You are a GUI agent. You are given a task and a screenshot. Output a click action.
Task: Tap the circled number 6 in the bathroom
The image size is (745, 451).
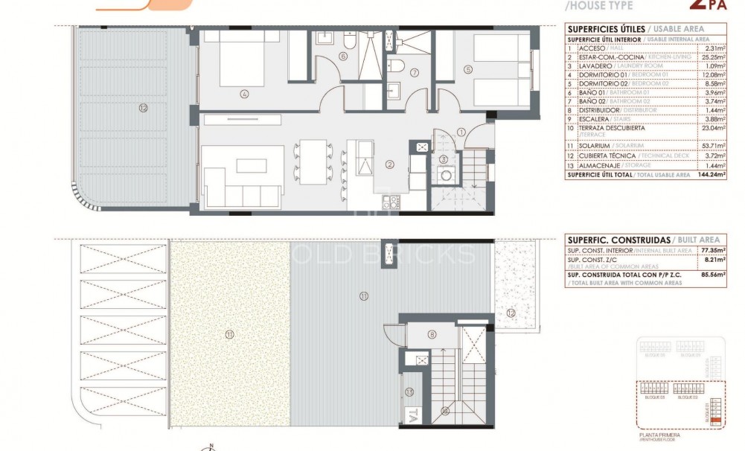pyautogui.click(x=343, y=56)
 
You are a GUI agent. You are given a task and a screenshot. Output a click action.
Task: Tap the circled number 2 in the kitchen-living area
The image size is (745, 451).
pyautogui.click(x=389, y=164)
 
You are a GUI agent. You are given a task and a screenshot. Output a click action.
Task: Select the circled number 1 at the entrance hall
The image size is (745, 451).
pyautogui.click(x=461, y=132)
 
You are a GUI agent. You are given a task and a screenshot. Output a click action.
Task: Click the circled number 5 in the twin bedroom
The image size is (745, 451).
pyautogui.click(x=468, y=70)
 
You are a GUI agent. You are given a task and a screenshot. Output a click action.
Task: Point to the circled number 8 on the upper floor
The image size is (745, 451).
pyautogui.click(x=432, y=335)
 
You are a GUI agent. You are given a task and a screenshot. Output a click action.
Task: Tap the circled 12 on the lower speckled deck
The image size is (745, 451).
pyautogui.click(x=510, y=313)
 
